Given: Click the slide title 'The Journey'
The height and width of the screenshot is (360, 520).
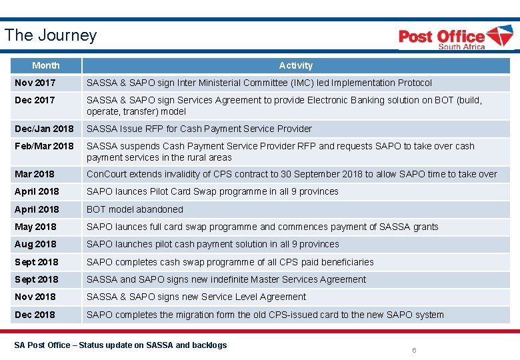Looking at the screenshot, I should (51, 35).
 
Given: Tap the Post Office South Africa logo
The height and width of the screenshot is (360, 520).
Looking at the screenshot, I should (455, 37).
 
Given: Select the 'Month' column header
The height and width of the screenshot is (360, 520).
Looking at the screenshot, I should (45, 65).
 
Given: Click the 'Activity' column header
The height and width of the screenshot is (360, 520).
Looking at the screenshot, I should (295, 65).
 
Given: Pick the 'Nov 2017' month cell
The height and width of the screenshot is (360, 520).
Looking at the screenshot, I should (35, 83).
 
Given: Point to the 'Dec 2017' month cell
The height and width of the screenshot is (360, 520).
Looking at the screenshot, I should (35, 100).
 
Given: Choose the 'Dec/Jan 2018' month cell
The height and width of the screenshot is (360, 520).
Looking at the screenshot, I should (44, 129).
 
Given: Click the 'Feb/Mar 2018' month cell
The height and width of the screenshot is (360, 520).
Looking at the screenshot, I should (44, 146).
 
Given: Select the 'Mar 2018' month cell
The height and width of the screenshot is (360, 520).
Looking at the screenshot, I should (35, 174).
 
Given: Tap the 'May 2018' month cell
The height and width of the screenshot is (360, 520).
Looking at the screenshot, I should (35, 227).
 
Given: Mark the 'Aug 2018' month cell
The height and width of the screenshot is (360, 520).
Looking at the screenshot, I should (35, 244).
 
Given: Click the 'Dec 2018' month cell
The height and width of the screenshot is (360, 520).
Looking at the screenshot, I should (35, 315).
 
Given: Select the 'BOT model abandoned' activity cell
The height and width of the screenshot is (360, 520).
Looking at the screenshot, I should (135, 209).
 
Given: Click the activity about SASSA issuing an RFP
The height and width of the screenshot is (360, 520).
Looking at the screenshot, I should (199, 129).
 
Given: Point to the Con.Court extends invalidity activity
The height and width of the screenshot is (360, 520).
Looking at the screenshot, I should (291, 174).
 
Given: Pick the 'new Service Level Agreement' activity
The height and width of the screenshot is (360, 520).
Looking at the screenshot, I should (196, 297).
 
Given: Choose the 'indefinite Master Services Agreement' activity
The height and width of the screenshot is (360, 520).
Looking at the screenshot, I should (226, 279).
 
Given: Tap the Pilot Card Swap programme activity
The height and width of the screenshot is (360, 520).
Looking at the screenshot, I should (212, 191).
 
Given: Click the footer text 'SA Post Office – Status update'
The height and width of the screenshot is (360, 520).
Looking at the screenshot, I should (121, 345).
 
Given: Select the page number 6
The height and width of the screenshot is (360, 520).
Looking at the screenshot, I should (414, 350).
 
